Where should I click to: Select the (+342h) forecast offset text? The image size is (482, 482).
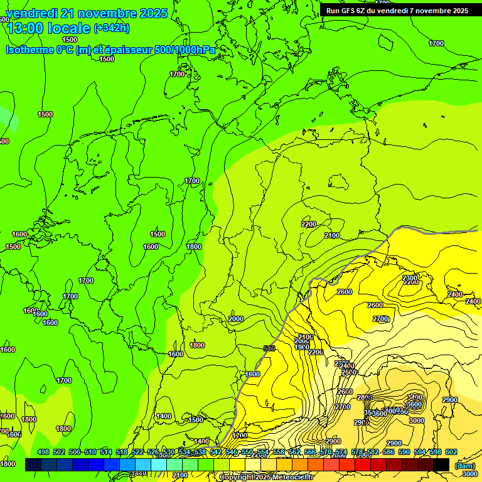tap(112, 28)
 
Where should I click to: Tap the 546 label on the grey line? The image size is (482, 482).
tap(269, 348)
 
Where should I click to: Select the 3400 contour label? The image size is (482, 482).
tap(414, 397)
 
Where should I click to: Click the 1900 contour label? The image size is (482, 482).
tap(302, 347)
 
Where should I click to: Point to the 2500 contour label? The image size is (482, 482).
tap(349, 372)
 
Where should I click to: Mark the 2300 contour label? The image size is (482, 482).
tap(410, 277)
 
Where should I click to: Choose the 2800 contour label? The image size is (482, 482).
tap(364, 397)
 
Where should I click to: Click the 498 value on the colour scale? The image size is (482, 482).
tap(43, 453)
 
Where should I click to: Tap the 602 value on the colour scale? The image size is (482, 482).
tap(451, 453)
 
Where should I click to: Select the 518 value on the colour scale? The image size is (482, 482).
tap(122, 453)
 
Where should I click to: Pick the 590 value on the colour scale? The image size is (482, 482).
tap(404, 453)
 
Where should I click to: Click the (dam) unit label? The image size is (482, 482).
tap(465, 465)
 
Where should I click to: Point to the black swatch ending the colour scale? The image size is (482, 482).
tap(441, 464)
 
